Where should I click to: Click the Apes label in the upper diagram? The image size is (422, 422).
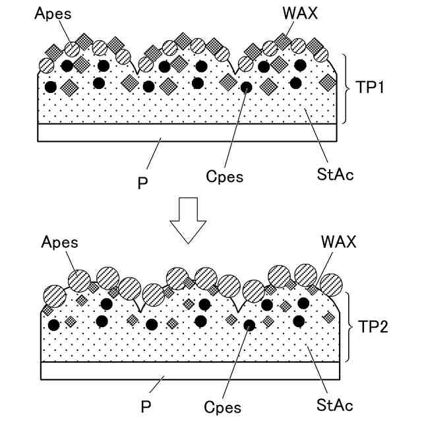point(53,13)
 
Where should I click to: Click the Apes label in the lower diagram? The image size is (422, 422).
point(59,242)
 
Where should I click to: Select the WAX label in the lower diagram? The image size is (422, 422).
point(339,242)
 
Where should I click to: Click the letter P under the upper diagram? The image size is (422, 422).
point(142,183)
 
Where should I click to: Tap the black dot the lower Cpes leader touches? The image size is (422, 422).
point(249,325)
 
